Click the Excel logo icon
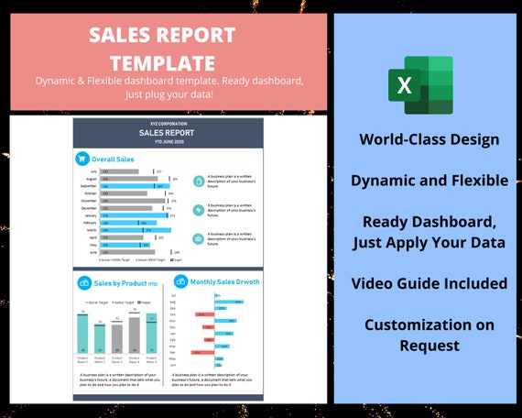pyautogui.click(x=424, y=85)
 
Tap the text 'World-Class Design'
pyautogui.click(x=430, y=139)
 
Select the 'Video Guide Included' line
pyautogui.click(x=430, y=283)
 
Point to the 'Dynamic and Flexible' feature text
pyautogui.click(x=430, y=181)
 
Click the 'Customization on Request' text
pyautogui.click(x=430, y=335)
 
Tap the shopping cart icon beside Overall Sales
pyautogui.click(x=82, y=159)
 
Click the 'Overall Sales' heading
pyautogui.click(x=113, y=159)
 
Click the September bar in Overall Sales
pyautogui.click(x=134, y=186)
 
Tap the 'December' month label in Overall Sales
pyautogui.click(x=91, y=209)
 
